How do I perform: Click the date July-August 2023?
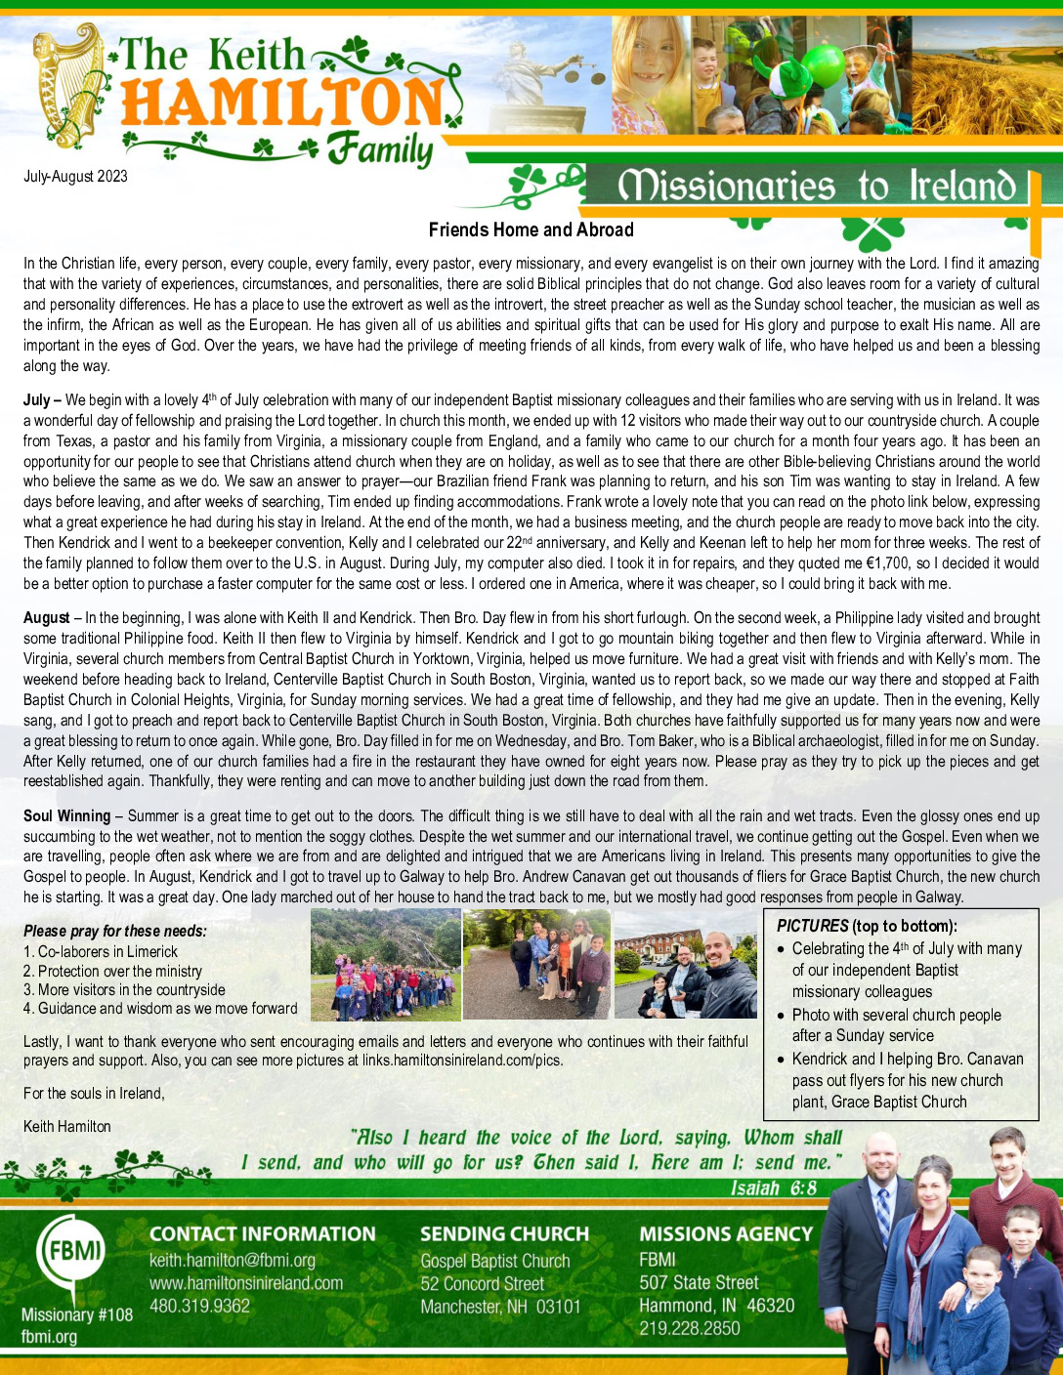[75, 177]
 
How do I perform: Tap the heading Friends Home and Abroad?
[531, 230]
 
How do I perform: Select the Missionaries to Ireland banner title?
[817, 186]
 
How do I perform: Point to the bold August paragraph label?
[47, 618]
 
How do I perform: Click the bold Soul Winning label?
[66, 816]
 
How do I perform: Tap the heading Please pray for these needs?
[115, 932]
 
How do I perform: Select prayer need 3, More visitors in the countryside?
[124, 990]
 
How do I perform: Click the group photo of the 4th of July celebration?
[385, 965]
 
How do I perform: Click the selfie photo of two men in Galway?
[685, 965]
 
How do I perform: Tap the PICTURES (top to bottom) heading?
[867, 926]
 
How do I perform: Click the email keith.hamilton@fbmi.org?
[233, 1261]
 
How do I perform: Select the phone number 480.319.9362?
[199, 1306]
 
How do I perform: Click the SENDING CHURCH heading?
[504, 1234]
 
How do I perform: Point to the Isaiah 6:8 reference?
[774, 1188]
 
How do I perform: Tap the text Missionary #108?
[77, 1314]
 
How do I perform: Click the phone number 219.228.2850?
[690, 1328]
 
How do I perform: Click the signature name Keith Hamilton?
[67, 1127]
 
